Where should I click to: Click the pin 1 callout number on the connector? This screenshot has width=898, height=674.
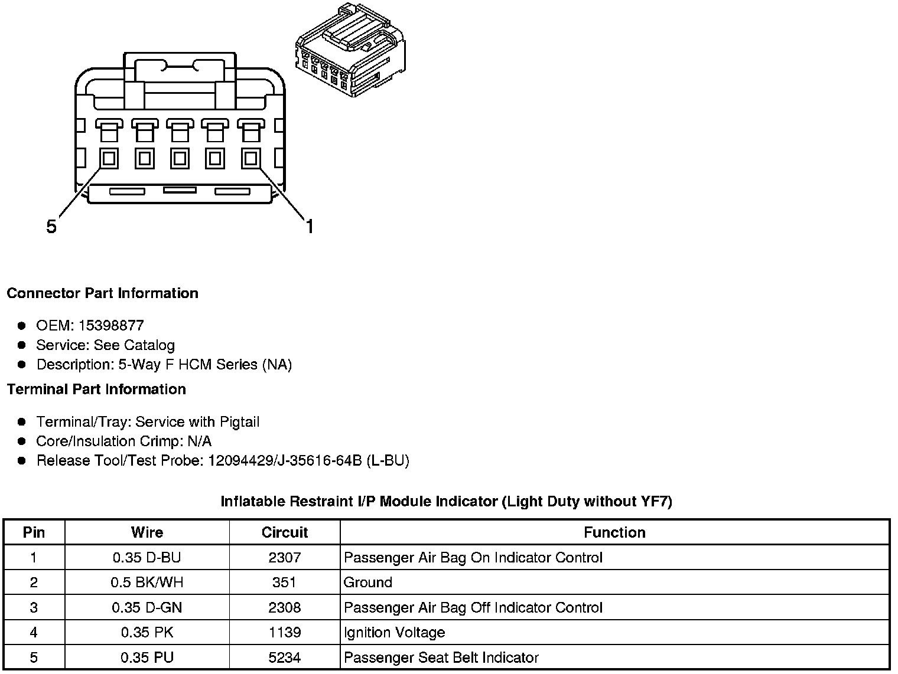coord(309,226)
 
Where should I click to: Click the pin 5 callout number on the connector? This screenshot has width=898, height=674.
coord(51,227)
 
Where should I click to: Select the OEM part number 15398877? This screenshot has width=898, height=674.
coord(111,326)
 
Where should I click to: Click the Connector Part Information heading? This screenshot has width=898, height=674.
coord(102,293)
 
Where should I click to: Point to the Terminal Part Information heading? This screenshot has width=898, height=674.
coord(96,390)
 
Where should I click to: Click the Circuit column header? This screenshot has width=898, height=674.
coord(285,532)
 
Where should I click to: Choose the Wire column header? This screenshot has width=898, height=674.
coord(147,532)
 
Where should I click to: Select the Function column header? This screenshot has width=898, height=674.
coord(614,532)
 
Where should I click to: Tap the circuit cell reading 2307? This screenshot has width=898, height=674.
coord(285,558)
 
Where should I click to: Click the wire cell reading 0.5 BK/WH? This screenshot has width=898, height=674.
coord(147,583)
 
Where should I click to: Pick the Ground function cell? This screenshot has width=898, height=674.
coord(368,583)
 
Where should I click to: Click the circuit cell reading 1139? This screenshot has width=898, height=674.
coord(285,633)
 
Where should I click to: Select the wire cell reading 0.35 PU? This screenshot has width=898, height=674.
coord(147,657)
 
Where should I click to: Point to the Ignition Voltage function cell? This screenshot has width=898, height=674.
coord(395,633)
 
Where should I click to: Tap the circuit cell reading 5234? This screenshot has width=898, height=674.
coord(285,657)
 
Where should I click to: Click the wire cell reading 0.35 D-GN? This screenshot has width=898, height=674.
coord(147,608)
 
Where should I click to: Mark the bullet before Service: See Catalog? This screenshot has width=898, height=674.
coord(22,345)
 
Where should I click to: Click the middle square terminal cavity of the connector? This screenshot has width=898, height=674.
coord(180,158)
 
